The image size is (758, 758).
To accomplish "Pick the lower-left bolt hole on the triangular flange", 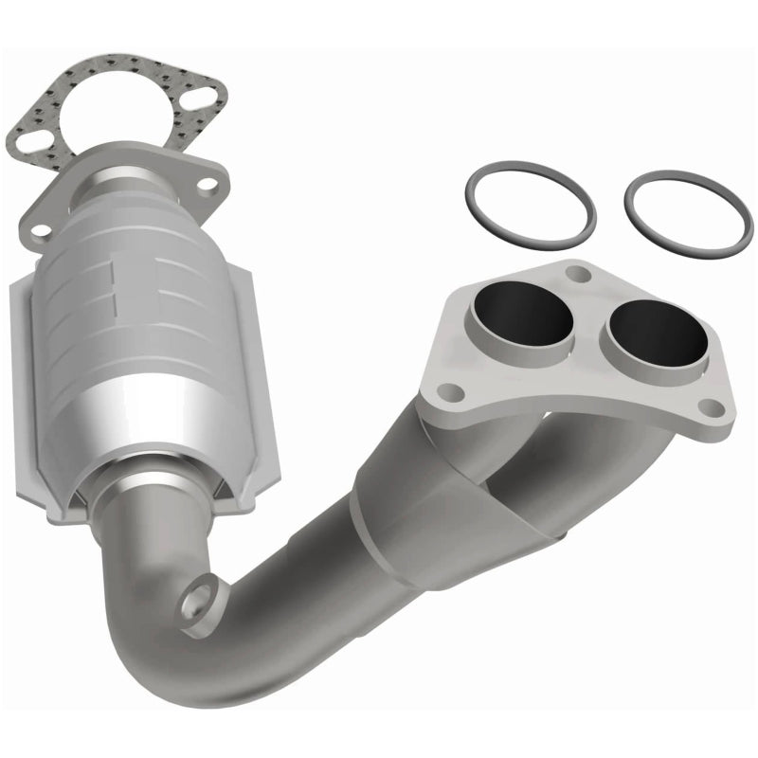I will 454,389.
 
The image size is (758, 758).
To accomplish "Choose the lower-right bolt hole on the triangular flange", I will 706,406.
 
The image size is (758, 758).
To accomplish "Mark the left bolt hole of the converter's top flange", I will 40,229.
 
